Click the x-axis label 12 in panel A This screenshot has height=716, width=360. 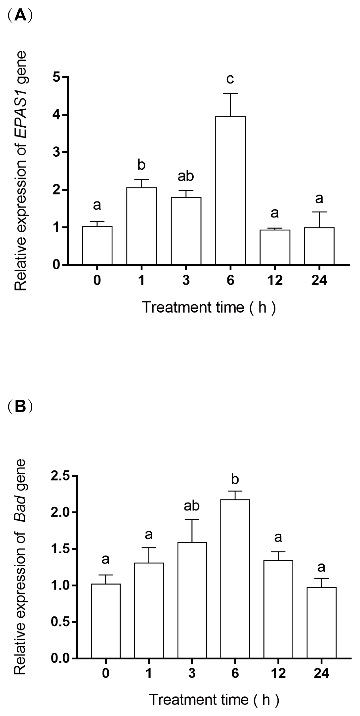275,280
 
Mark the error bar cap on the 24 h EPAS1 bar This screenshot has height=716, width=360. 319,212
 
